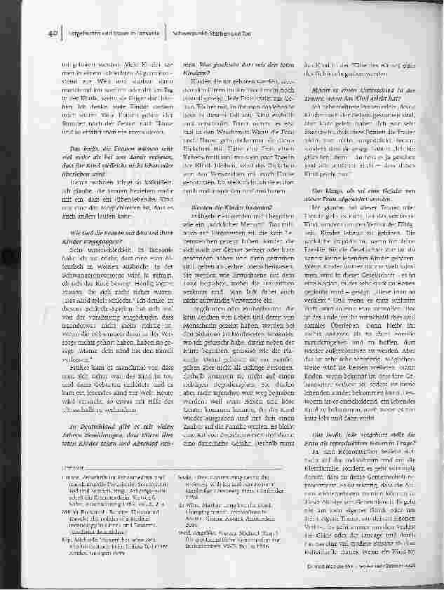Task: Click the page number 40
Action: tap(53, 32)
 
